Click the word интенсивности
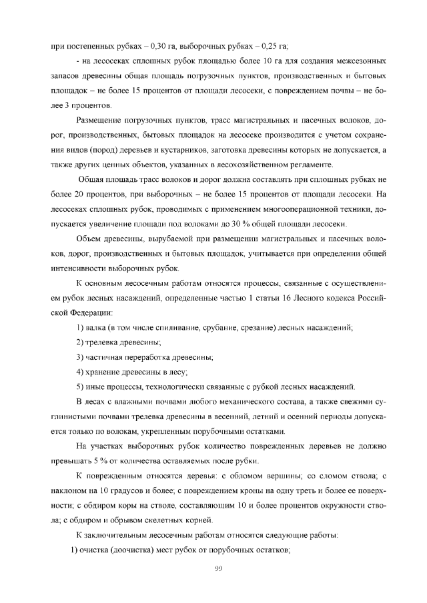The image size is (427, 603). [79, 269]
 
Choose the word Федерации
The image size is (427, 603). [89, 312]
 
